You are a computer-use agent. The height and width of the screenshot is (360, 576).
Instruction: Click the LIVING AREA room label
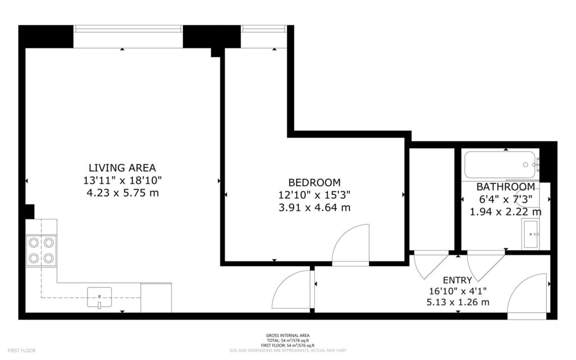click(122, 168)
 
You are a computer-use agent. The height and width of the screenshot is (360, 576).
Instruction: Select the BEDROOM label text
click(314, 182)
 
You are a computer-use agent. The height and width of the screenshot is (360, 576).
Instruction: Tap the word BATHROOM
click(506, 187)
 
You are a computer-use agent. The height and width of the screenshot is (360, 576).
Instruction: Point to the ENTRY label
click(457, 280)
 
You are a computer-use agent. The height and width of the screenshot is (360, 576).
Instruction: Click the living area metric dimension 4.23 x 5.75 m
click(122, 193)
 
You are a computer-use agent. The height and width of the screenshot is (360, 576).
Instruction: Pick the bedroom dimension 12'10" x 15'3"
click(314, 195)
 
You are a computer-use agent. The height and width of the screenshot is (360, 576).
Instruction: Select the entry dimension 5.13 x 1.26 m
click(457, 302)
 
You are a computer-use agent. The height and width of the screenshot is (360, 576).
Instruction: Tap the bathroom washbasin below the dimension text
click(530, 235)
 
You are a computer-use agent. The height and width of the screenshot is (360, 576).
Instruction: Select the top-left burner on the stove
click(34, 242)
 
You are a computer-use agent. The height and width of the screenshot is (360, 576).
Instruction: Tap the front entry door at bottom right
click(528, 295)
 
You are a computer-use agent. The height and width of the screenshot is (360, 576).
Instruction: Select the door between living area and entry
click(292, 290)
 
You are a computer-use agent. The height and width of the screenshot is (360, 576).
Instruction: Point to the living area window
click(128, 28)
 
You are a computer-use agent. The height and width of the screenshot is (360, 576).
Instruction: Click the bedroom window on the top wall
click(264, 28)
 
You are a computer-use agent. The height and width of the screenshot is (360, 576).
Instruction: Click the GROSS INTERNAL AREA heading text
click(287, 336)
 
